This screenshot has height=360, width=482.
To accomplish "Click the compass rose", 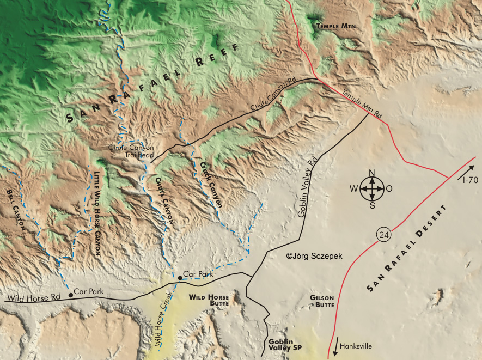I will click(372, 189).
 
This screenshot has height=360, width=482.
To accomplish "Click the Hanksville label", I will click(357, 345).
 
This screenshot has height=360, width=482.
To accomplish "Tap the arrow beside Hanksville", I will click(334, 349).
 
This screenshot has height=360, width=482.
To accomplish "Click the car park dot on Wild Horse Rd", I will click(70, 295).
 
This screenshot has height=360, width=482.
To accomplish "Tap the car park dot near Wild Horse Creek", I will click(180, 278).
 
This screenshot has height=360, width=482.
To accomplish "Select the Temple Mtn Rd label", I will click(362, 103).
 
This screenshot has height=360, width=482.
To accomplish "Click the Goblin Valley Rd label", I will click(308, 187).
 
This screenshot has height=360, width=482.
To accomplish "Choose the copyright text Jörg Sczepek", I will click(314, 255).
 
